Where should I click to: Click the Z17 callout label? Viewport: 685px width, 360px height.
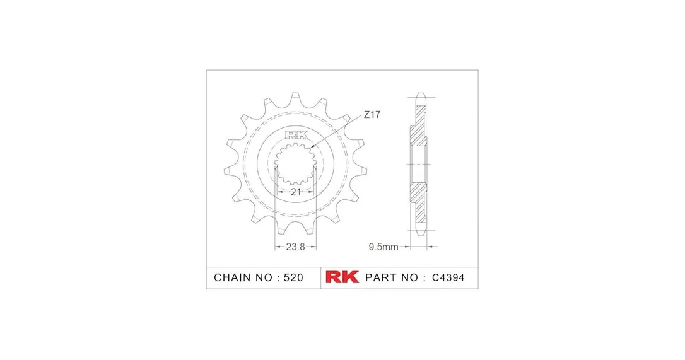click(x=372, y=115)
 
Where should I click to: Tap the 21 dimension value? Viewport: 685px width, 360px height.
click(x=296, y=192)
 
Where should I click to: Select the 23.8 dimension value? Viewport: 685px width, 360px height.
click(x=295, y=247)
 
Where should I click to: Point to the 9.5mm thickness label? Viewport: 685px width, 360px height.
click(x=383, y=247)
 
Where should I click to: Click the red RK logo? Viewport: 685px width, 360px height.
click(x=342, y=277)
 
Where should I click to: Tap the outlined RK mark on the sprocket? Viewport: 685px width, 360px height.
click(x=296, y=135)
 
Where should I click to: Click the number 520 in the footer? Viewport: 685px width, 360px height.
click(x=293, y=277)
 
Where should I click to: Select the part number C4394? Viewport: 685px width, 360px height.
click(x=448, y=277)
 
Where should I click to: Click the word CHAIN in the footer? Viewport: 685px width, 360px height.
click(x=232, y=277)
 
